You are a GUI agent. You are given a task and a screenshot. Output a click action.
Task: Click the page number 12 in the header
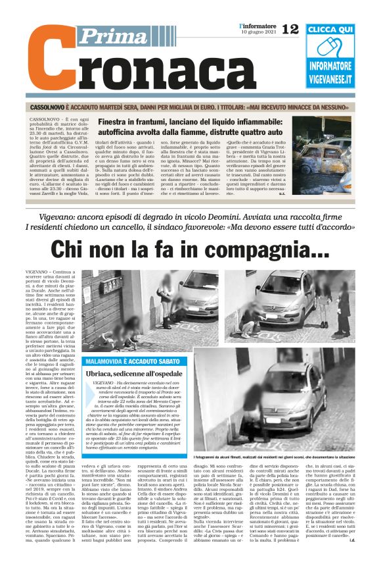coord(290,28)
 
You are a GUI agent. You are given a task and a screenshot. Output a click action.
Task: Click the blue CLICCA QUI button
coord(338,30)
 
